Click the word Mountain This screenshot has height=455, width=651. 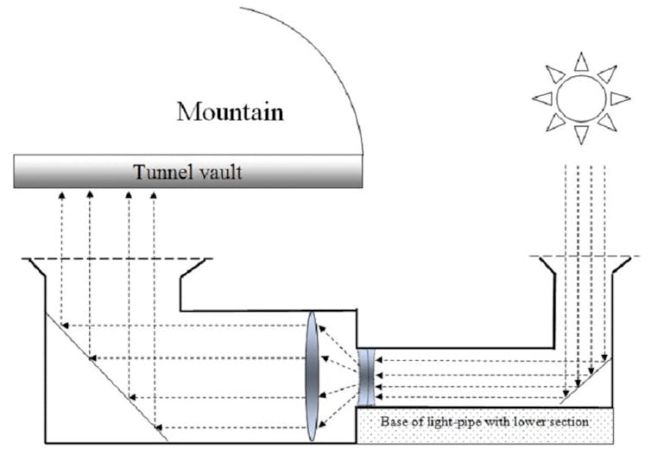point(230,111)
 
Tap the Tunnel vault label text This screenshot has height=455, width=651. point(186,172)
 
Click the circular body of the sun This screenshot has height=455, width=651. point(581,97)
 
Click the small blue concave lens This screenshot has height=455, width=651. point(366,376)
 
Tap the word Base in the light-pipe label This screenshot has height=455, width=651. point(395,422)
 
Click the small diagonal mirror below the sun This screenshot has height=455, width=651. point(587,381)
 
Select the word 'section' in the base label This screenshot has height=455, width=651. point(568,422)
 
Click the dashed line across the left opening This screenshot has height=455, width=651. point(121,258)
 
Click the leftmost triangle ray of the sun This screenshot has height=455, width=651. point(542,98)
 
